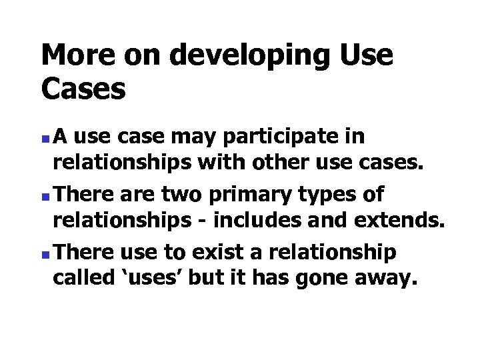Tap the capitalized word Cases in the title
tap(83, 88)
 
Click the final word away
tap(387, 277)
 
